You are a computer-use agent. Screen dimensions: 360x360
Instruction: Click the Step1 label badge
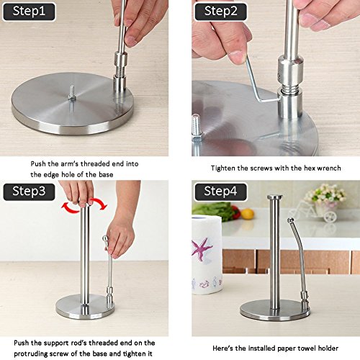pos(29,12)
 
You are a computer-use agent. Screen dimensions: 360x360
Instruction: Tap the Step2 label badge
pos(220,12)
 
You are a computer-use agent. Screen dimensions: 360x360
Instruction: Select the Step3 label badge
pos(29,192)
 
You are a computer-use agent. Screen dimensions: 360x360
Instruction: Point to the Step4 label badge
pos(220,192)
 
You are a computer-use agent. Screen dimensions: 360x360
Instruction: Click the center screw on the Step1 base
pos(72,93)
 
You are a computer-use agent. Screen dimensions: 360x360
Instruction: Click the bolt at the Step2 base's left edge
pos(197,128)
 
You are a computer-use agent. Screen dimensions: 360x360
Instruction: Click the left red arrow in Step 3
pos(70,207)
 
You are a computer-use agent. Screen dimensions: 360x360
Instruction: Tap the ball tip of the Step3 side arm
pos(105,238)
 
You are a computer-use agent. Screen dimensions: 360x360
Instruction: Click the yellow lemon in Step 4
pos(247,214)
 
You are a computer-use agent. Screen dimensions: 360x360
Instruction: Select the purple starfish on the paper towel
pos(201,249)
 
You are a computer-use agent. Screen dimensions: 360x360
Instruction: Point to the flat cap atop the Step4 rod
pos(275,197)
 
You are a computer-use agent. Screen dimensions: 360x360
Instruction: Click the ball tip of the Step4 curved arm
pos(290,220)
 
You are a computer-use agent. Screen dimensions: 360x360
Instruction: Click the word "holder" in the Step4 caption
pos(328,348)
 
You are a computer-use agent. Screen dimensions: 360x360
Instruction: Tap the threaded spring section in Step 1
pos(119,70)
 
